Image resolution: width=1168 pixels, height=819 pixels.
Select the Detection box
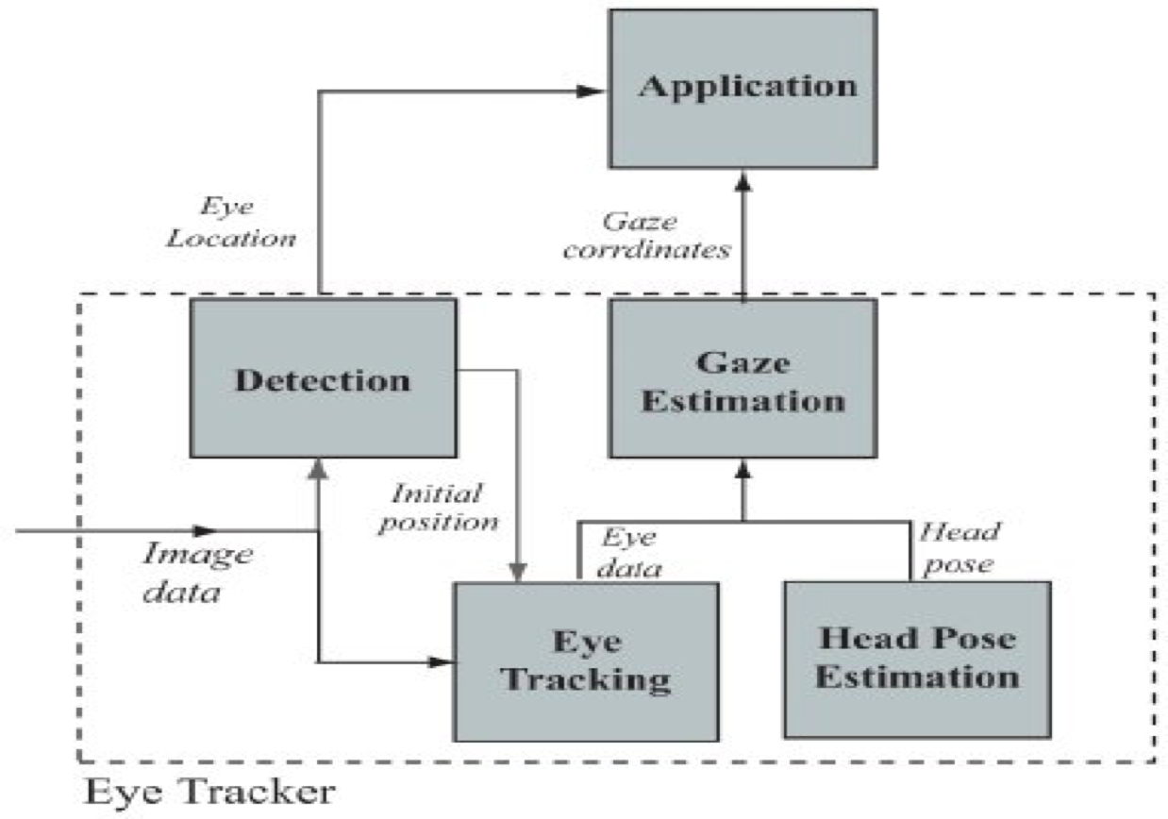point(323,378)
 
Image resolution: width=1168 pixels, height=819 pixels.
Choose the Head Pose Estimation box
point(917,658)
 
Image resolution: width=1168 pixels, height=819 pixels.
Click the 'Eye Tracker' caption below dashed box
point(209,792)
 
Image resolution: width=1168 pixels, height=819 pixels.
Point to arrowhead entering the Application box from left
point(592,92)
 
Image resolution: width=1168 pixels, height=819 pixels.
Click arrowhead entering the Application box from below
point(743,179)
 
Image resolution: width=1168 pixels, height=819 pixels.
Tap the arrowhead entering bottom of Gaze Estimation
point(743,467)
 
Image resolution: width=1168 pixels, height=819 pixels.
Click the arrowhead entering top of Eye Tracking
point(517,572)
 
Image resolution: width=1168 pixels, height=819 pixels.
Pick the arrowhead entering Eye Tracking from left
point(440,661)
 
